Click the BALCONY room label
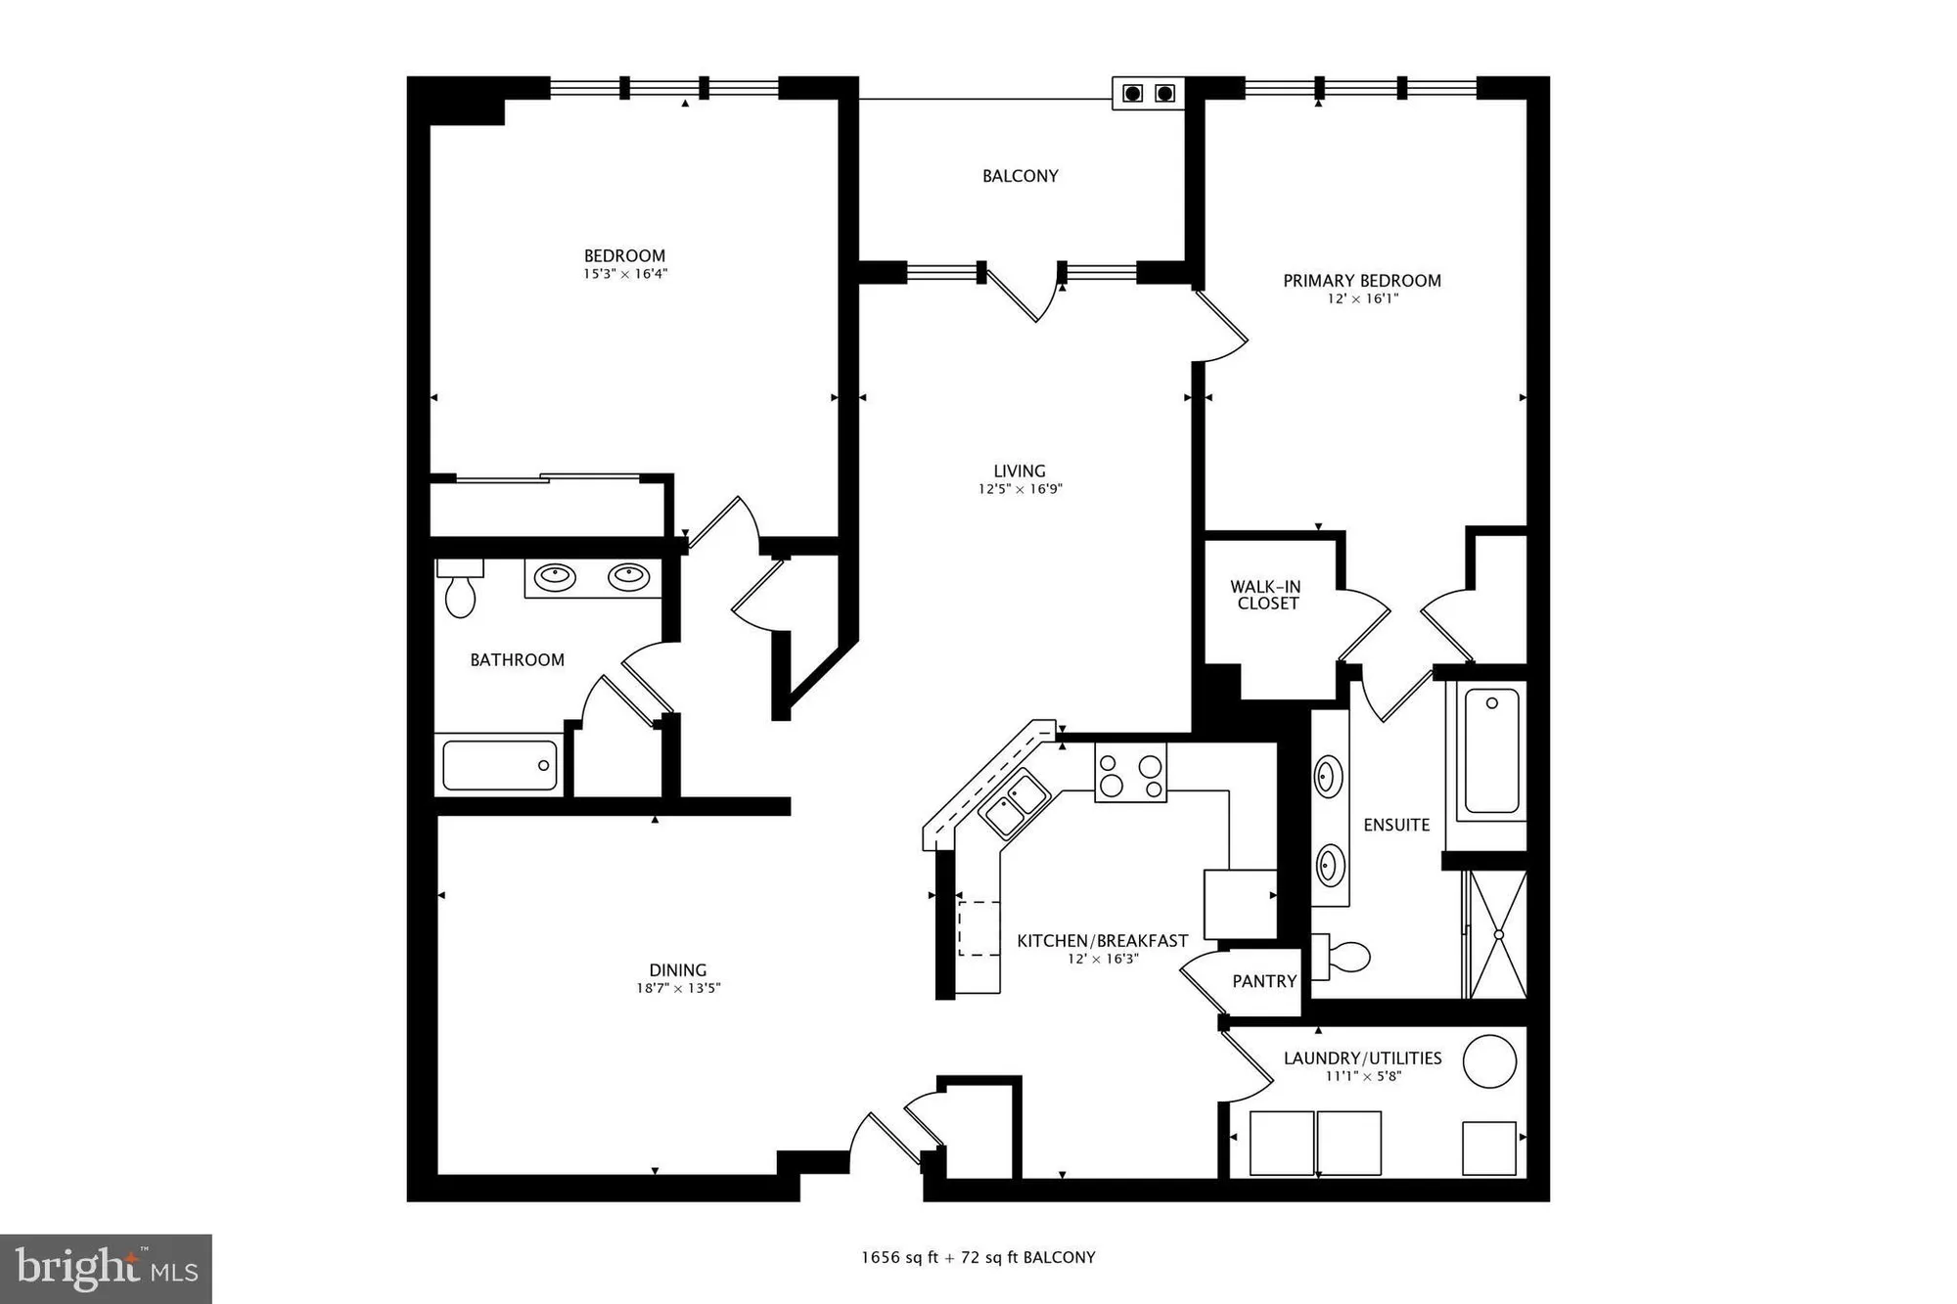(x=1020, y=176)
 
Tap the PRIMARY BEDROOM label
(x=1361, y=281)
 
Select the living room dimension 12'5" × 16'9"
(x=1020, y=489)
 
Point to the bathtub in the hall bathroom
(x=500, y=765)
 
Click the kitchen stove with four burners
(x=1130, y=773)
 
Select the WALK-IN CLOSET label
(x=1266, y=595)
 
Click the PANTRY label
(x=1264, y=981)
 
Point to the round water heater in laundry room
(x=1488, y=1061)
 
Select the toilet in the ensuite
(x=1343, y=957)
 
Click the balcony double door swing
(x=1024, y=292)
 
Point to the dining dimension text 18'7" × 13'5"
(x=678, y=989)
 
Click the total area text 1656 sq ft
(x=899, y=1258)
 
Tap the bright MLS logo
(x=106, y=1269)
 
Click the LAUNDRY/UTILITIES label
(x=1362, y=1058)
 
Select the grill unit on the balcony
(x=1148, y=94)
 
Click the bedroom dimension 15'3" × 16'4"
(x=625, y=275)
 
